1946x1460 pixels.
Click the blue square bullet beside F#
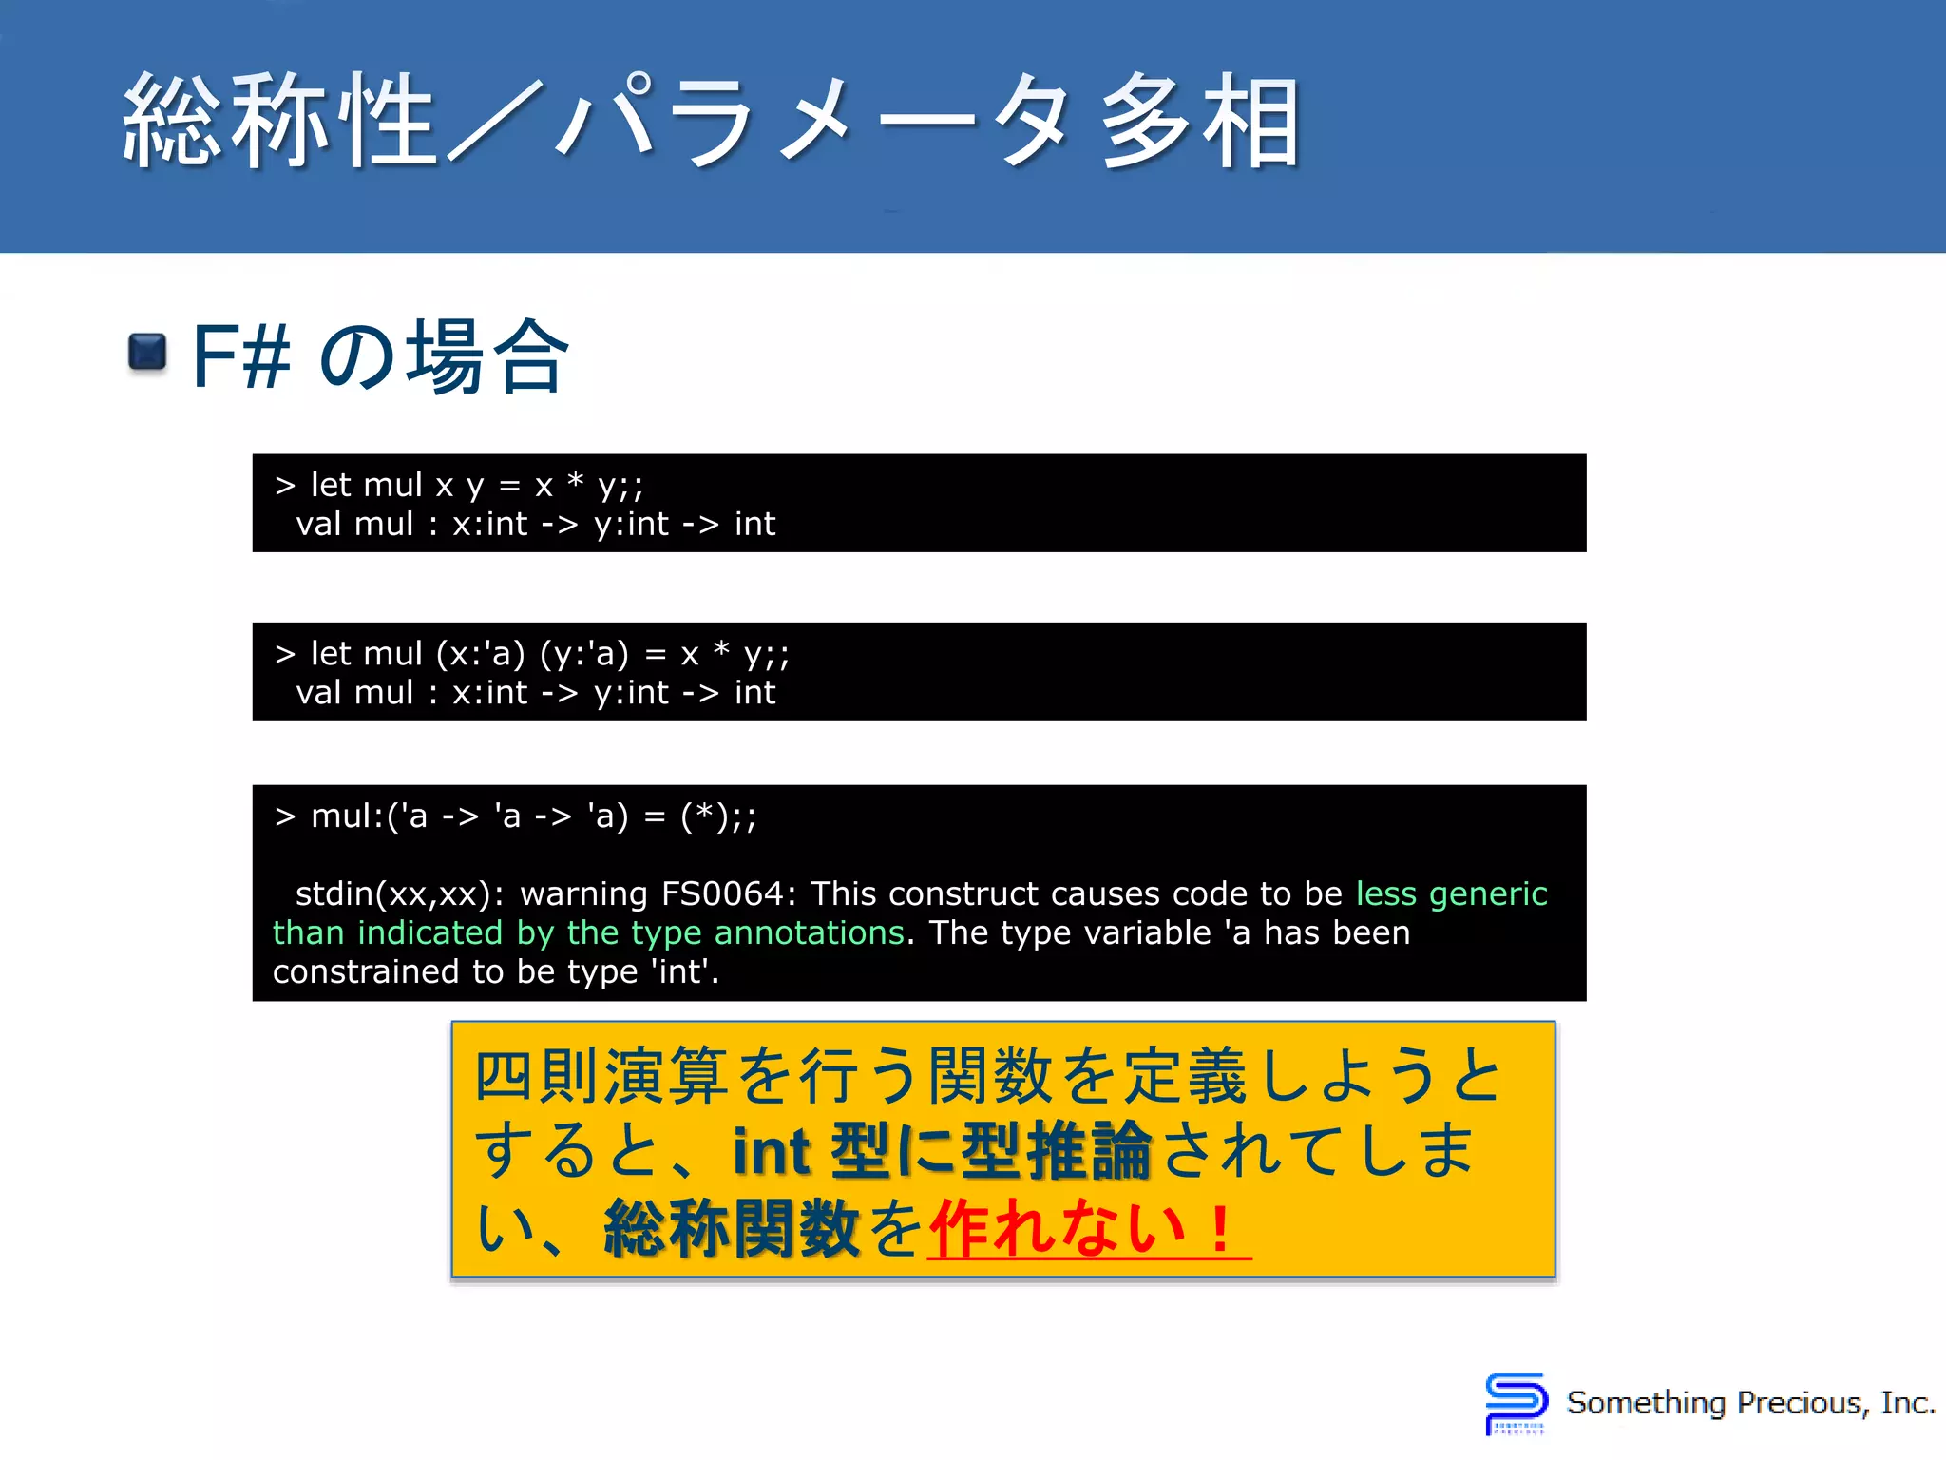[x=147, y=353]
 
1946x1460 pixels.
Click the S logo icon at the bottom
[x=1515, y=1402]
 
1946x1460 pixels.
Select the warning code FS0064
[x=722, y=893]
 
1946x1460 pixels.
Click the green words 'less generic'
[x=1451, y=893]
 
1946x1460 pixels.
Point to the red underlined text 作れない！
[x=1087, y=1229]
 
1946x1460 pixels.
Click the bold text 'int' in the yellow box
[x=773, y=1151]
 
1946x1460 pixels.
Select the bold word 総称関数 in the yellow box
[x=732, y=1229]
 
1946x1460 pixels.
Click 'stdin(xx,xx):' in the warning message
[x=400, y=893]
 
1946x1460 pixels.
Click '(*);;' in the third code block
[x=718, y=816]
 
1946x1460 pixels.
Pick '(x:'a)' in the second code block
[x=480, y=654]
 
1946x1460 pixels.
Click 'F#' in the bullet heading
[x=240, y=356]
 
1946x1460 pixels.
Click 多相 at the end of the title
[x=1200, y=122]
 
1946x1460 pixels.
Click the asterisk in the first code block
[x=575, y=481]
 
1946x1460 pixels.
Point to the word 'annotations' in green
[x=809, y=932]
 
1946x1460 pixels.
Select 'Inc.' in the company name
[x=1908, y=1403]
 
